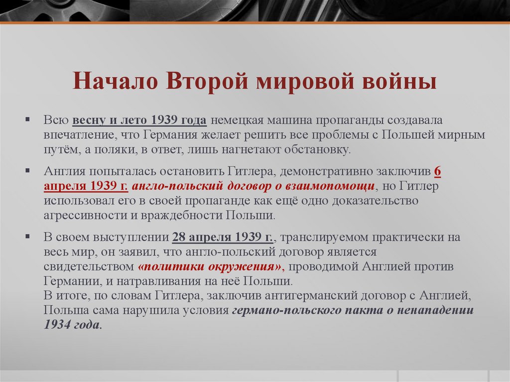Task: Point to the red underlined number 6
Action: [437, 171]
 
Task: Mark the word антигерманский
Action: [315, 296]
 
